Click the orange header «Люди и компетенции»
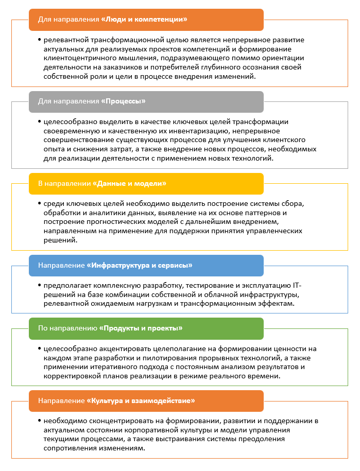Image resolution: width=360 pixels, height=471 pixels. coord(146,20)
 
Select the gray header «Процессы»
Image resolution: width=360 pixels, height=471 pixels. coord(146,101)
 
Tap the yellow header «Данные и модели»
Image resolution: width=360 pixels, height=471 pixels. coord(146,183)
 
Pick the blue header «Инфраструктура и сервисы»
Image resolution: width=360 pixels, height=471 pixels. coord(146,265)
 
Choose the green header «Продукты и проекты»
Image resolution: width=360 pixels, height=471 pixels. coord(146,328)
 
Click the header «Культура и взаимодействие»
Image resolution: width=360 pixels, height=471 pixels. coord(146,400)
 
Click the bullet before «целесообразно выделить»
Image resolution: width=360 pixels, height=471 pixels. coord(39,121)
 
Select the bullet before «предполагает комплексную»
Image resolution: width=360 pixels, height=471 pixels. coord(39,285)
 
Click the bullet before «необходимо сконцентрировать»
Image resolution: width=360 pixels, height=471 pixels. coord(39,421)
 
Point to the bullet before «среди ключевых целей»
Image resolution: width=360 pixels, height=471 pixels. coord(39,203)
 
